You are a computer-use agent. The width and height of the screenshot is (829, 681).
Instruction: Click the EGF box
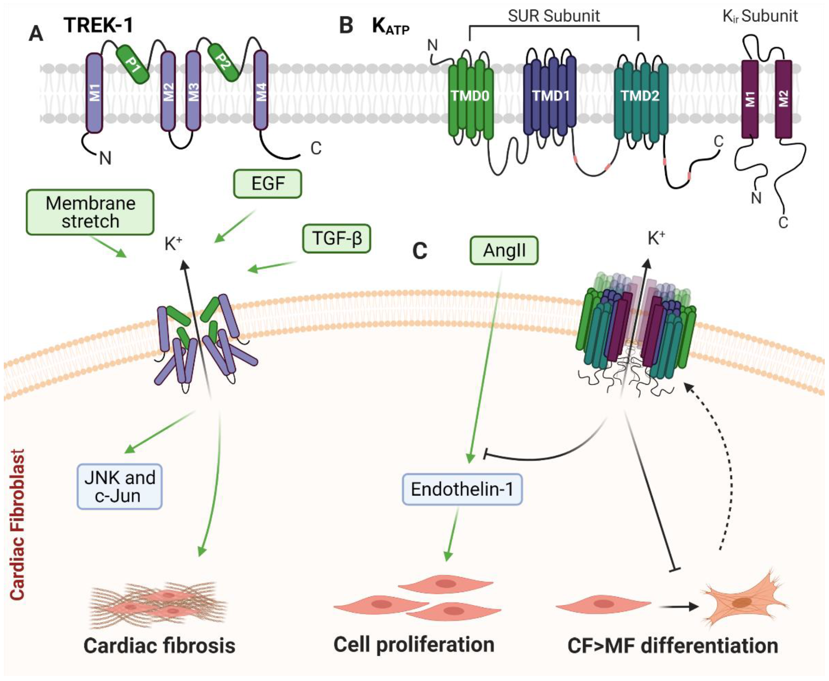tap(268, 183)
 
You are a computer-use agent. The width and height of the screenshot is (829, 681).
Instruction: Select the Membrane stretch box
tap(90, 212)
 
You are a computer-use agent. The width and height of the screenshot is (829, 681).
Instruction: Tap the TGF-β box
tap(337, 238)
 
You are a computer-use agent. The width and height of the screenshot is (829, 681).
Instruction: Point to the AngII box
tap(504, 250)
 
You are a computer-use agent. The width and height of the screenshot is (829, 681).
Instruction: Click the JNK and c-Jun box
tap(120, 487)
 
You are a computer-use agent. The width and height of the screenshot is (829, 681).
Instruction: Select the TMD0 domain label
tap(470, 96)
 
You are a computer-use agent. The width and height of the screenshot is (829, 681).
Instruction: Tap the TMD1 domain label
tap(551, 95)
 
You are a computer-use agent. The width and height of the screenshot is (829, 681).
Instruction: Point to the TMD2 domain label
tap(640, 95)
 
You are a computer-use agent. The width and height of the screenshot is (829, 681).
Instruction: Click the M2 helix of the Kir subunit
tap(784, 99)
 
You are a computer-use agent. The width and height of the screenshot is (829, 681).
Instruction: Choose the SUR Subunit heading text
tap(554, 16)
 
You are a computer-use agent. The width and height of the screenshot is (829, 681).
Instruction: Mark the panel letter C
tap(420, 251)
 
